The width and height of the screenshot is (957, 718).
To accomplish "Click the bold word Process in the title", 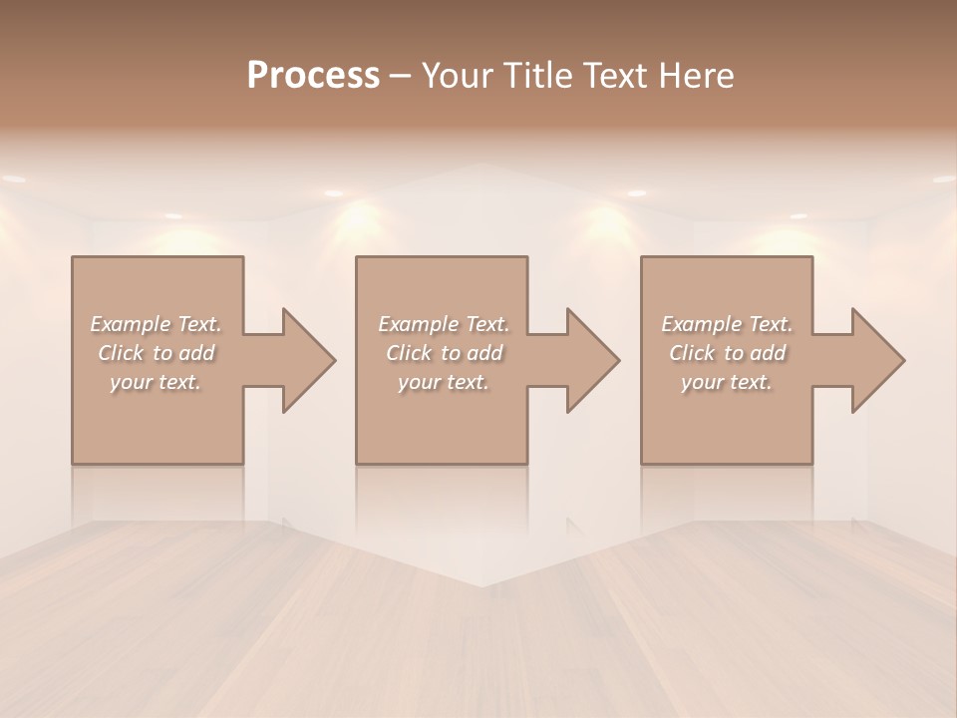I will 313,76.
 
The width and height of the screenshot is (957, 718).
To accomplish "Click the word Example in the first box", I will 131,324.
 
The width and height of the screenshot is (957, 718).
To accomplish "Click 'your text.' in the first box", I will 156,382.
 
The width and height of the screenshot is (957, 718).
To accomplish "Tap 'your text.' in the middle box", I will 444,382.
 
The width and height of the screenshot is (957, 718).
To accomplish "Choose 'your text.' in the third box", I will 727,382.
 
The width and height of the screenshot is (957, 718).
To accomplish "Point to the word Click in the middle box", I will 410,353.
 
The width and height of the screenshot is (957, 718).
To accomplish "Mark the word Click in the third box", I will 693,353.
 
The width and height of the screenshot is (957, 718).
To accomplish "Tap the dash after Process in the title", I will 401,76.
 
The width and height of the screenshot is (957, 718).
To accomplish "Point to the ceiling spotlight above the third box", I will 636,192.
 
